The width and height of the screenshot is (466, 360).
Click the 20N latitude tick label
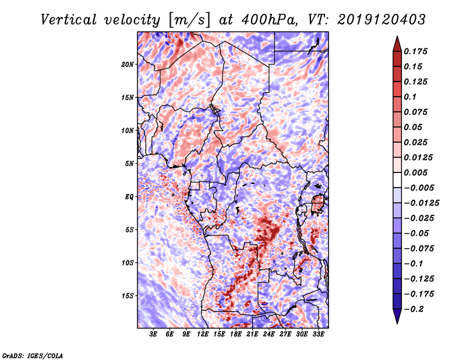(128, 64)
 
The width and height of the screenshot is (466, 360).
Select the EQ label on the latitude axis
(129, 197)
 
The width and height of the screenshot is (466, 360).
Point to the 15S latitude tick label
(128, 296)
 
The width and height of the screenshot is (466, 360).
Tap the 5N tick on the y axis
(130, 164)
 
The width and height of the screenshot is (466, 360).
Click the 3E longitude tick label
(153, 335)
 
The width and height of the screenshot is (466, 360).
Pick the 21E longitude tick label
(252, 335)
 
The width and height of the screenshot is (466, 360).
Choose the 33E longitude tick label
(318, 335)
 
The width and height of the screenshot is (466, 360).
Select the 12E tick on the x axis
(203, 335)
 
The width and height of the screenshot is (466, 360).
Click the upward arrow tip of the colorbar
(396, 38)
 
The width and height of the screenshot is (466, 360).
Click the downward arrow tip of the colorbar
(396, 322)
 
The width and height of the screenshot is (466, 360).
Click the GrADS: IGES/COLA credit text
(33, 354)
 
